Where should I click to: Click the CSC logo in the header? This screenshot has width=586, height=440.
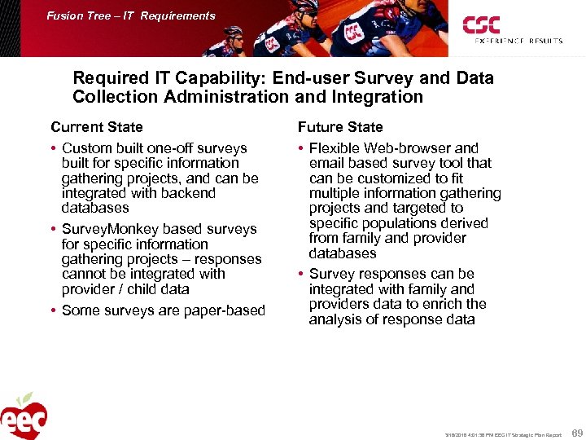(x=482, y=25)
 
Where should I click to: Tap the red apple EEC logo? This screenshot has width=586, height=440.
(x=24, y=416)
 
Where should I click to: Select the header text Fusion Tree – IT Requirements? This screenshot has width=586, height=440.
(x=131, y=15)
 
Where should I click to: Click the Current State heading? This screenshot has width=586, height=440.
(x=96, y=127)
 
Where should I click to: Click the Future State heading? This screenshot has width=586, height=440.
(x=339, y=127)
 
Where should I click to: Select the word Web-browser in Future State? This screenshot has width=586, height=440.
(x=407, y=148)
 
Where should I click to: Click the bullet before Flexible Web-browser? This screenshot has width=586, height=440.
(x=301, y=148)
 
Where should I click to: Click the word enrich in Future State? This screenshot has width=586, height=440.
(x=443, y=304)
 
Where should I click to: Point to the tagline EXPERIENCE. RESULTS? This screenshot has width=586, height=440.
(x=513, y=41)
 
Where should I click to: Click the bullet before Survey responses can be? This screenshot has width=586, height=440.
(x=301, y=274)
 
